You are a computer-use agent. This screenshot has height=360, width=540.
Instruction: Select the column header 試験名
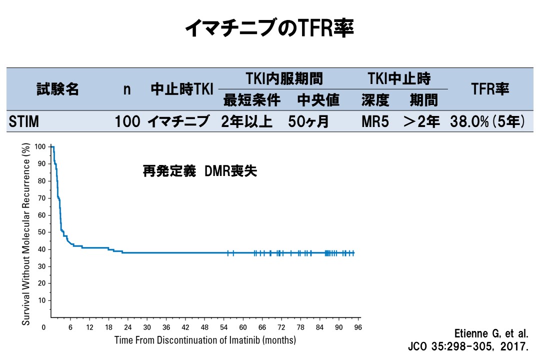[57, 89]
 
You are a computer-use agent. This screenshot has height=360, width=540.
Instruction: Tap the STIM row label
[24, 121]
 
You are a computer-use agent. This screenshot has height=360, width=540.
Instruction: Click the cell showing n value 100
[127, 121]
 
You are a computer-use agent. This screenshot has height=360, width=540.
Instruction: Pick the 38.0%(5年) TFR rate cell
[487, 121]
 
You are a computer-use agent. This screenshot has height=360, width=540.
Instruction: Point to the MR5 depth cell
[375, 121]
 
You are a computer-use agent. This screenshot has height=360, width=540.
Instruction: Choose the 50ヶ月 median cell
[308, 121]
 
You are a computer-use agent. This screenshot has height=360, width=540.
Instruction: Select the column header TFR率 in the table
[490, 89]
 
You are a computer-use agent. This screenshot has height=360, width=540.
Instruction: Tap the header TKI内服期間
[284, 79]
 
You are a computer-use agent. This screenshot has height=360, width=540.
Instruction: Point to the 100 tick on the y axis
[40, 146]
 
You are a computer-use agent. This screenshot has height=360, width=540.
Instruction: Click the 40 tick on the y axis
[42, 249]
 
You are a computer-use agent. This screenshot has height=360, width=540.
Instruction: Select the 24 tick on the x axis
[127, 327]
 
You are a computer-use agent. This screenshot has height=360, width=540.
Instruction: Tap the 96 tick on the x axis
[358, 327]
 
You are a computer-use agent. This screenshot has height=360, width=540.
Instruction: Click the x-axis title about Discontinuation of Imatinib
[205, 340]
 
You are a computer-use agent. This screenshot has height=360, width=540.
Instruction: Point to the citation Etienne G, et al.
[491, 333]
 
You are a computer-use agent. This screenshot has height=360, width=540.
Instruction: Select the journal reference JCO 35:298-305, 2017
[468, 346]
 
